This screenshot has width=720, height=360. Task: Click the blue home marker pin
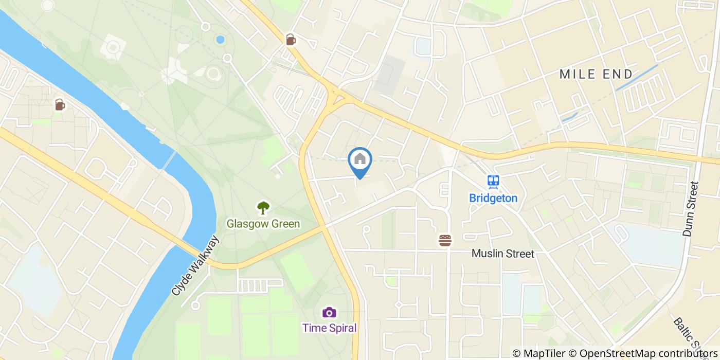pos(360,160)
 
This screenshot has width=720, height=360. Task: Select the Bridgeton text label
pos(493,198)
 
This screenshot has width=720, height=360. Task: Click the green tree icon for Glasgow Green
pos(263,208)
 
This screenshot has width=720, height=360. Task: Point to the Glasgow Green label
pos(263,224)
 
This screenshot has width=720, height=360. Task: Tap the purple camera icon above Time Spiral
pos(329,312)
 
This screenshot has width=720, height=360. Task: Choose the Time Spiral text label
pos(329,328)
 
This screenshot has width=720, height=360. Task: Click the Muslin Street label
pos(503,254)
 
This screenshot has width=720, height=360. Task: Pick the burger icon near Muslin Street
pos(445,240)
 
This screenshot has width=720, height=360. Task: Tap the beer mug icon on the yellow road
pos(291,40)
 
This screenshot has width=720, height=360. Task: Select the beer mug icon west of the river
pos(60,105)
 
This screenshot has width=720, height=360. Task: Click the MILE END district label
pos(596,74)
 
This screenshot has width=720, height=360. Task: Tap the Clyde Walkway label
pos(195,266)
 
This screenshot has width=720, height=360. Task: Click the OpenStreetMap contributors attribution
pos(642,353)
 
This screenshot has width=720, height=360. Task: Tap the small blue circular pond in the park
pos(220,40)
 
